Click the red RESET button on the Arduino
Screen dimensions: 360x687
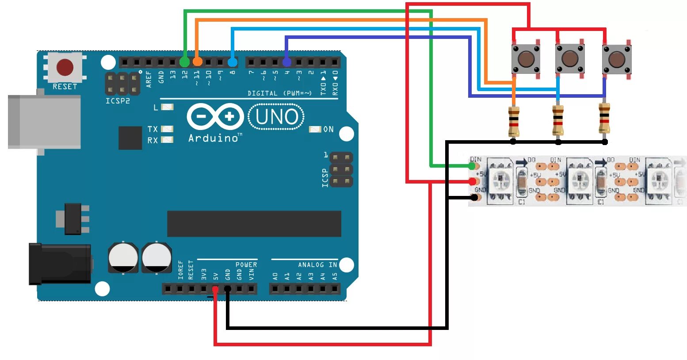point(65,67)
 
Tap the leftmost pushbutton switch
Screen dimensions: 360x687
point(526,58)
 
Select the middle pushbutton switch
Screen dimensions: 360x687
point(570,58)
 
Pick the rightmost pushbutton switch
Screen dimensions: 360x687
point(616,58)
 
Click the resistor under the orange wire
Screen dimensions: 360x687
point(514,121)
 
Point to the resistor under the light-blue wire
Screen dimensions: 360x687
point(558,120)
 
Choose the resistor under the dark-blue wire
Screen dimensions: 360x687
point(604,118)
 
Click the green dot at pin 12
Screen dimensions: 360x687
point(184,62)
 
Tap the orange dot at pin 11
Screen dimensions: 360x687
point(197,61)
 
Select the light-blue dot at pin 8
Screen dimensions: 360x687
point(233,62)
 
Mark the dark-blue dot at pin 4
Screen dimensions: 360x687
point(286,62)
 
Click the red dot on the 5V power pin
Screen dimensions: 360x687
point(215,289)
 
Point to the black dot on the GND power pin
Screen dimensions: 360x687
point(227,289)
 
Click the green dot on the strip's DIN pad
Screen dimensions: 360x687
point(472,166)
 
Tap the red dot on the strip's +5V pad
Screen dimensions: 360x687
point(473,181)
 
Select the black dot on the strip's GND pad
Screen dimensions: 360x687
point(474,197)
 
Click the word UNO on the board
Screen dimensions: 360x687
point(277,117)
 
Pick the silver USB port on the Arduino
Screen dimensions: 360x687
point(44,122)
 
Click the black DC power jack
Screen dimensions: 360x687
point(60,264)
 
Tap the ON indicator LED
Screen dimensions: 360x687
point(315,129)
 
